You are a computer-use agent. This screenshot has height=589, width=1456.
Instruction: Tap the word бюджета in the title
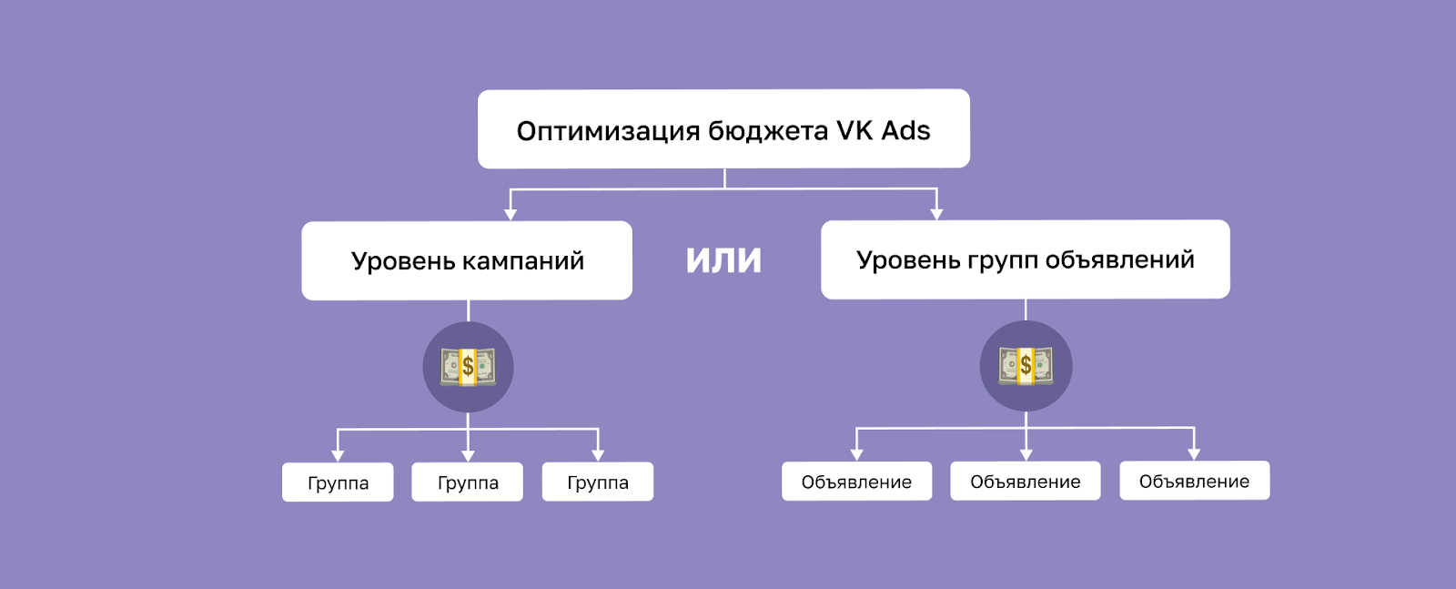tap(768, 131)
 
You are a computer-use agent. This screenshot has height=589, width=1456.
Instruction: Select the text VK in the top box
tap(854, 130)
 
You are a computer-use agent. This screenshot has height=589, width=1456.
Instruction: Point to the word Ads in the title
tap(905, 130)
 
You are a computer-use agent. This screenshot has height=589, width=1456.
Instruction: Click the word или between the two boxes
tap(723, 259)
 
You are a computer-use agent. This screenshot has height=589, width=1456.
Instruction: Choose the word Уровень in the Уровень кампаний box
tap(403, 261)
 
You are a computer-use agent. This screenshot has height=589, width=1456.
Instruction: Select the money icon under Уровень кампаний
tap(468, 367)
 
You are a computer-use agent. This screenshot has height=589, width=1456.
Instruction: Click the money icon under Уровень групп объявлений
tap(1026, 366)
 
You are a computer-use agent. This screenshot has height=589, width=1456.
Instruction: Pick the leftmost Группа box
tap(338, 482)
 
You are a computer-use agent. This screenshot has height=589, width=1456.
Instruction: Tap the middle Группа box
tap(468, 482)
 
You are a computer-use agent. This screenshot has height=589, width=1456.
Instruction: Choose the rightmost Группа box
tap(598, 482)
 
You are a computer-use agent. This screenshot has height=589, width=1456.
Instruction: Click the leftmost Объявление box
tap(856, 482)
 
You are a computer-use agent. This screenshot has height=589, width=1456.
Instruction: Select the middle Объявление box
tap(1026, 482)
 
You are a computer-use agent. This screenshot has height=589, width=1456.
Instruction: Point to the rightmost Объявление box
tap(1194, 481)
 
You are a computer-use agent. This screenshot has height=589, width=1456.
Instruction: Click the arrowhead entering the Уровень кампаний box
tap(511, 215)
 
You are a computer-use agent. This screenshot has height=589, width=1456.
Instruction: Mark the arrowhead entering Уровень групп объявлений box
tap(936, 214)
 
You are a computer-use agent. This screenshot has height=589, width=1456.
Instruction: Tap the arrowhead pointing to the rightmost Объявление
tap(1194, 454)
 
